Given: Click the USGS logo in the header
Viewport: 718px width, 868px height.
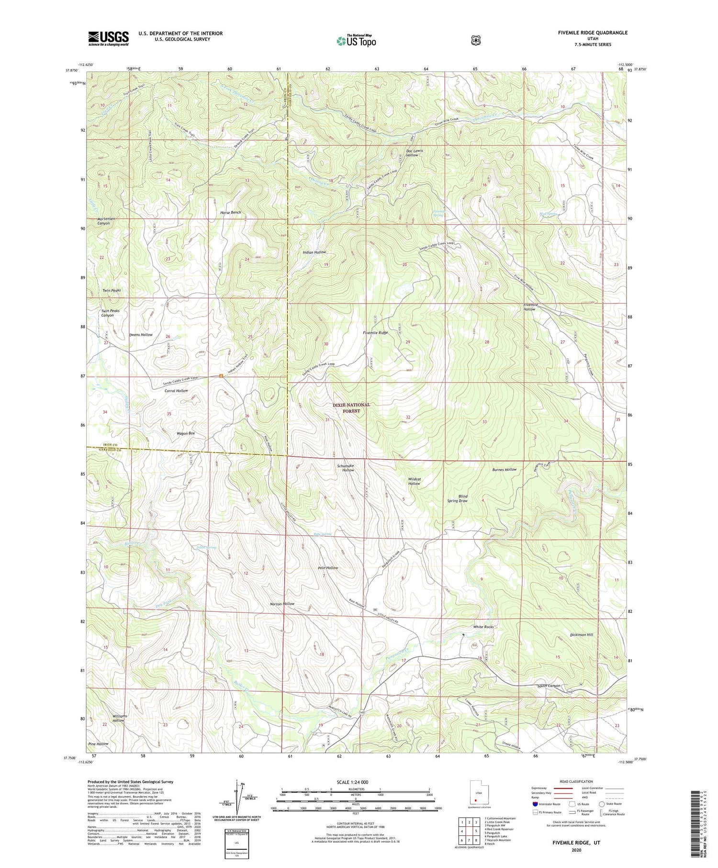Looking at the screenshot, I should (108, 38).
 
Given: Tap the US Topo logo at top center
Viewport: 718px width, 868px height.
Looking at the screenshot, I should (356, 41).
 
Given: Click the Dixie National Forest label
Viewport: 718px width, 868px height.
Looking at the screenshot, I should (351, 407).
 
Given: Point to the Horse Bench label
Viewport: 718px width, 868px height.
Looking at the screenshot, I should (230, 212).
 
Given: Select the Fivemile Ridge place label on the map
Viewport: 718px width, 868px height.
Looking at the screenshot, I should (375, 332).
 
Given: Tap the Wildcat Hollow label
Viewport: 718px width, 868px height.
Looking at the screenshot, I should (414, 481).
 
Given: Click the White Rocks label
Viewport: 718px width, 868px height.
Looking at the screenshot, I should (483, 627).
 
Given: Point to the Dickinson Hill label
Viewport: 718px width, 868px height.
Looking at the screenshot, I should (582, 635).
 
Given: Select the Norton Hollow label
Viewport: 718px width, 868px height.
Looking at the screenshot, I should (282, 604).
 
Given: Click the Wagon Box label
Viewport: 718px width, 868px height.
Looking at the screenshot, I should (186, 433).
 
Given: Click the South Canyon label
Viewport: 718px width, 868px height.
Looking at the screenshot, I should (549, 686).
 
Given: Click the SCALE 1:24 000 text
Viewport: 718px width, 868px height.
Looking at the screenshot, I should (356, 782).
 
